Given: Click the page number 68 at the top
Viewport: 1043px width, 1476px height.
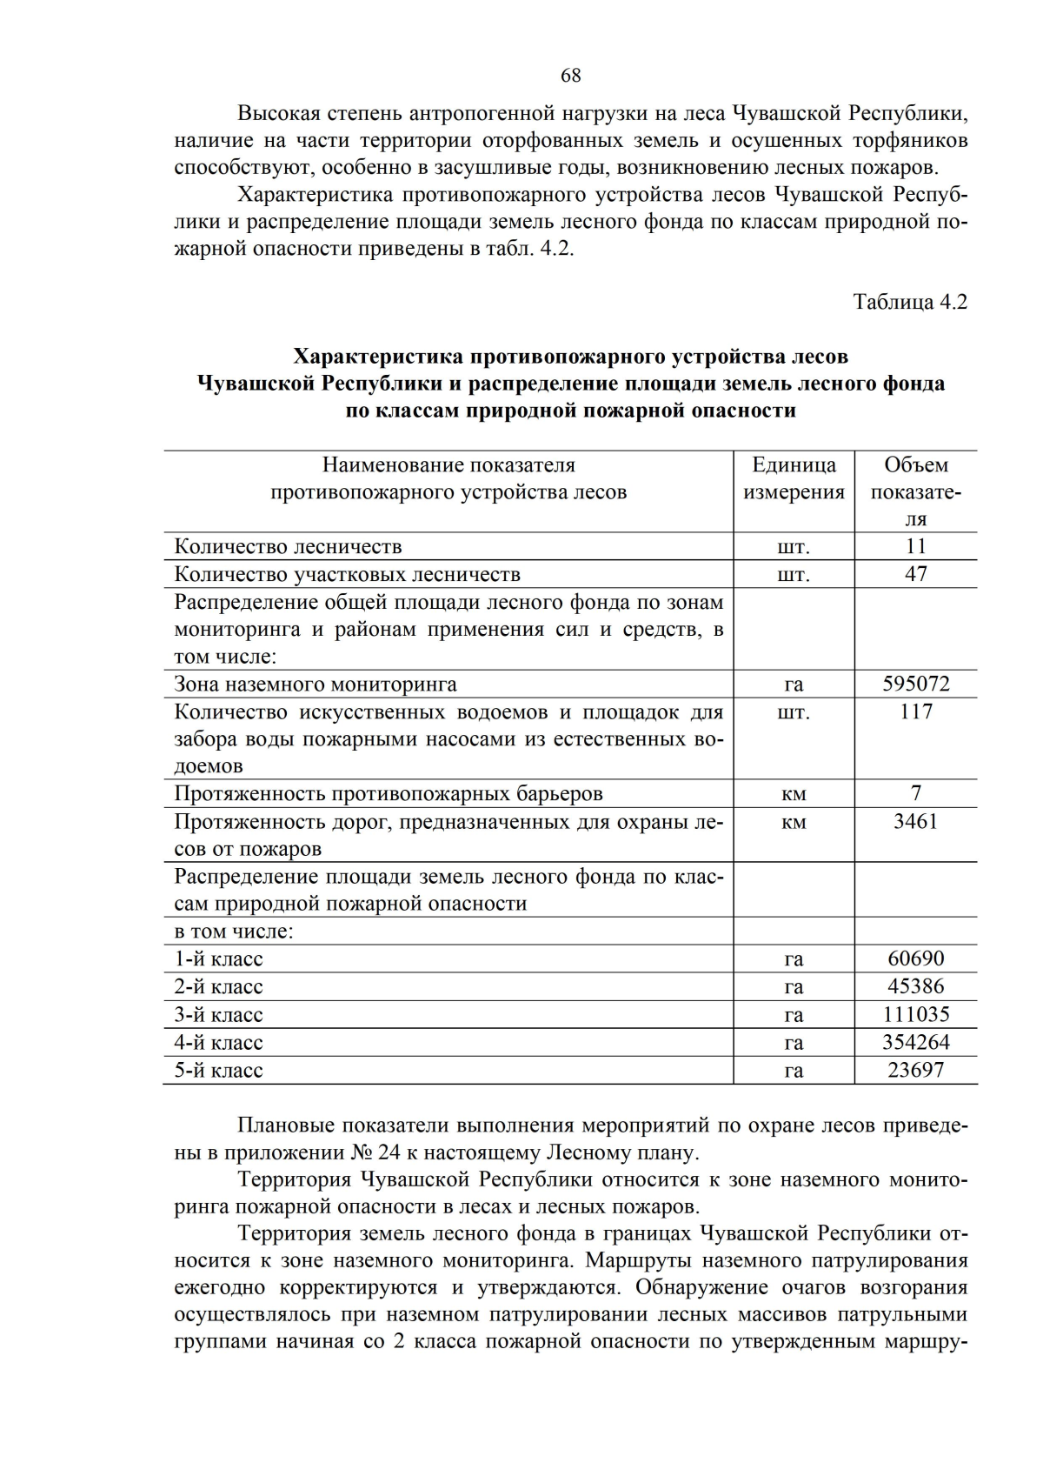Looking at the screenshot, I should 570,76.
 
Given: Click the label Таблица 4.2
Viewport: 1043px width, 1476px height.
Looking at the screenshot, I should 909,302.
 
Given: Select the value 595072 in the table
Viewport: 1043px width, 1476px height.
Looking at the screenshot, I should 915,684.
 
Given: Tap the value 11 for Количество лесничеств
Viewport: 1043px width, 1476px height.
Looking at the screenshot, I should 915,546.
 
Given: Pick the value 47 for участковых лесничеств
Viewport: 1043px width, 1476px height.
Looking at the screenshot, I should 915,574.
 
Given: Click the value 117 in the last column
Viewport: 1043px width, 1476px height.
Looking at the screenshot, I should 915,711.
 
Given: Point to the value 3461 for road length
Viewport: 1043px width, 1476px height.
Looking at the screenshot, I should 915,821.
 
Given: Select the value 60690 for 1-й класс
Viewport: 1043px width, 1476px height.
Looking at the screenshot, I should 915,958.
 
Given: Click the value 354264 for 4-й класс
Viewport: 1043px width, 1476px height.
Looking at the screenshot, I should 915,1042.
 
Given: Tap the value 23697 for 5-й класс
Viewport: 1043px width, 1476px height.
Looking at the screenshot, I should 915,1070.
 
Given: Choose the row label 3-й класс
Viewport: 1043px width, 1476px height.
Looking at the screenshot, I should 218,1015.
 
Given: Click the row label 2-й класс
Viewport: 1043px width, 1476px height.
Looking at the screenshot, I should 218,987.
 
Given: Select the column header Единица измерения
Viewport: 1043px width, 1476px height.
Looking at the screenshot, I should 794,478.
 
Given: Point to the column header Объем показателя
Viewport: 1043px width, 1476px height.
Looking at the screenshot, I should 915,491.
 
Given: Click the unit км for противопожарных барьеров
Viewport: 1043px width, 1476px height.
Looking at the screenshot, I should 794,794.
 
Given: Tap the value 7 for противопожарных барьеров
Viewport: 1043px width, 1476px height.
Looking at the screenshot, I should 915,793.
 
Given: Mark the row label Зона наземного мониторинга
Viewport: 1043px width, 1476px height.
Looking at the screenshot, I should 316,685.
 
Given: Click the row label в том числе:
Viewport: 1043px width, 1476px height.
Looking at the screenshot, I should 234,932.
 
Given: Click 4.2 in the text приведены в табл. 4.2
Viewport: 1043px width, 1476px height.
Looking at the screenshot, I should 556,249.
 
